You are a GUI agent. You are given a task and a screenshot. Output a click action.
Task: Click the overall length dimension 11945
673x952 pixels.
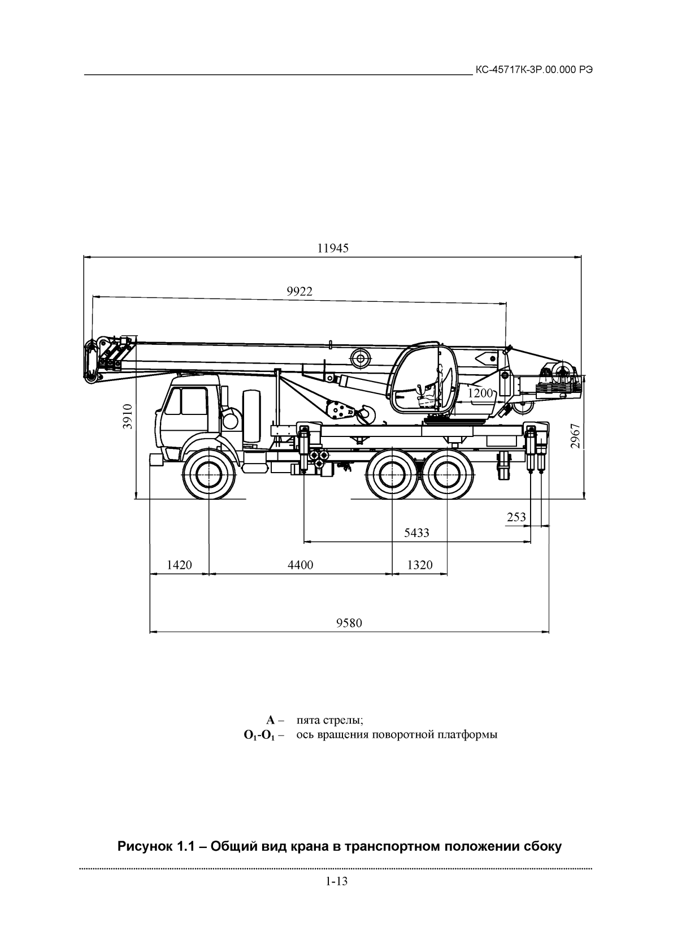[x=333, y=248]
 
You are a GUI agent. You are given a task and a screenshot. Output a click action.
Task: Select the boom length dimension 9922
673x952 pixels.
[x=299, y=292]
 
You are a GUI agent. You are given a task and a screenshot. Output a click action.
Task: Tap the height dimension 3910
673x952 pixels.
[x=128, y=417]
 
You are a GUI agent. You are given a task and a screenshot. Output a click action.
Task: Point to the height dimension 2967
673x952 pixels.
[x=575, y=436]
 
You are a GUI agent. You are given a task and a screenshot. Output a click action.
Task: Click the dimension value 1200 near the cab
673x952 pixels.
[x=480, y=393]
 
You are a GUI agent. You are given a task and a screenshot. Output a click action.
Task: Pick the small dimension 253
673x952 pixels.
[x=516, y=517]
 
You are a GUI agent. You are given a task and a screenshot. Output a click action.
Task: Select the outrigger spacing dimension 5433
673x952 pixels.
[x=416, y=533]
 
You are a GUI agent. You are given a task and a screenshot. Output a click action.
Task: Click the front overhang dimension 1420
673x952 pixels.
[x=179, y=565]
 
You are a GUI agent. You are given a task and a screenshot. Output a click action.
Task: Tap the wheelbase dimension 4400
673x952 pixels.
[x=301, y=565]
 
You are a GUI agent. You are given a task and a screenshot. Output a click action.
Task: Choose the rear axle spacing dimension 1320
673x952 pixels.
[x=420, y=565]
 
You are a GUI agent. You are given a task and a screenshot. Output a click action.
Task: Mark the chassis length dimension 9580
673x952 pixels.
[x=349, y=623]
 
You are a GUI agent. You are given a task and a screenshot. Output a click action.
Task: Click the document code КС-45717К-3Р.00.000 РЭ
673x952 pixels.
[x=534, y=70]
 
